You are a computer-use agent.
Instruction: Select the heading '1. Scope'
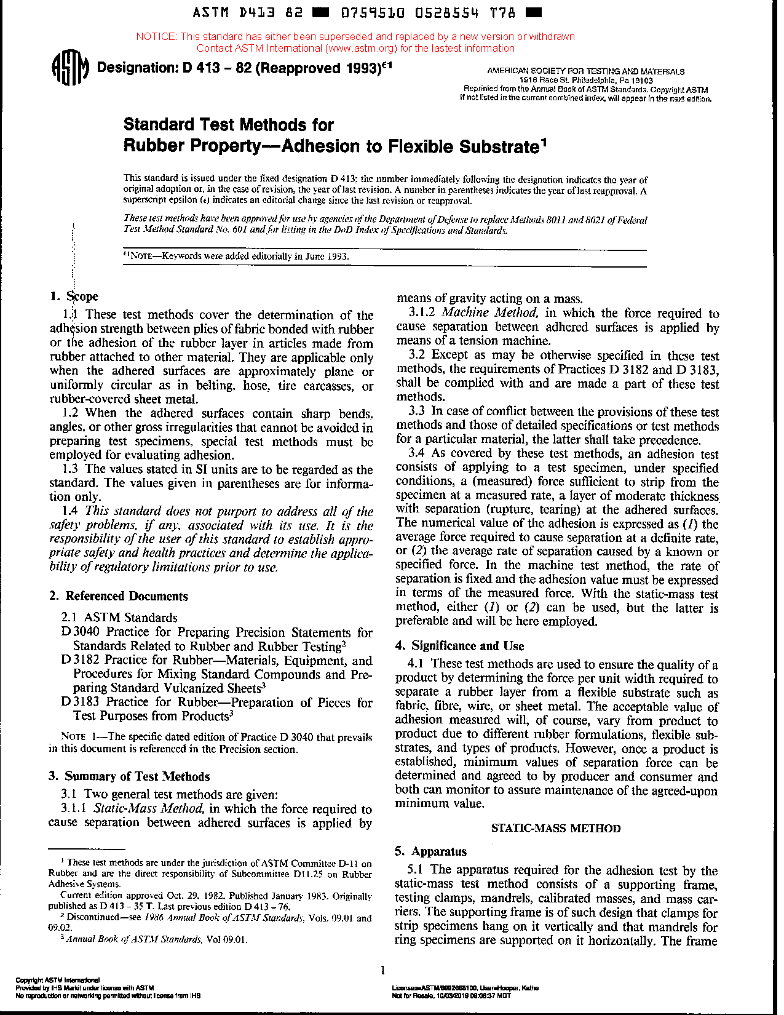coord(74,297)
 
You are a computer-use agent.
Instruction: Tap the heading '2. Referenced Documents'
coord(118,596)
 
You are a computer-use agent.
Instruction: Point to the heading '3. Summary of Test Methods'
coord(129,776)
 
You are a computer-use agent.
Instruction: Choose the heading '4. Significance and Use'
coord(459,646)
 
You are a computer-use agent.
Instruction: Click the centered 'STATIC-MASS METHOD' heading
coord(556,828)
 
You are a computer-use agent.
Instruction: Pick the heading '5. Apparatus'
coord(430,851)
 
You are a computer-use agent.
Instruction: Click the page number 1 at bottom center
coord(382,971)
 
